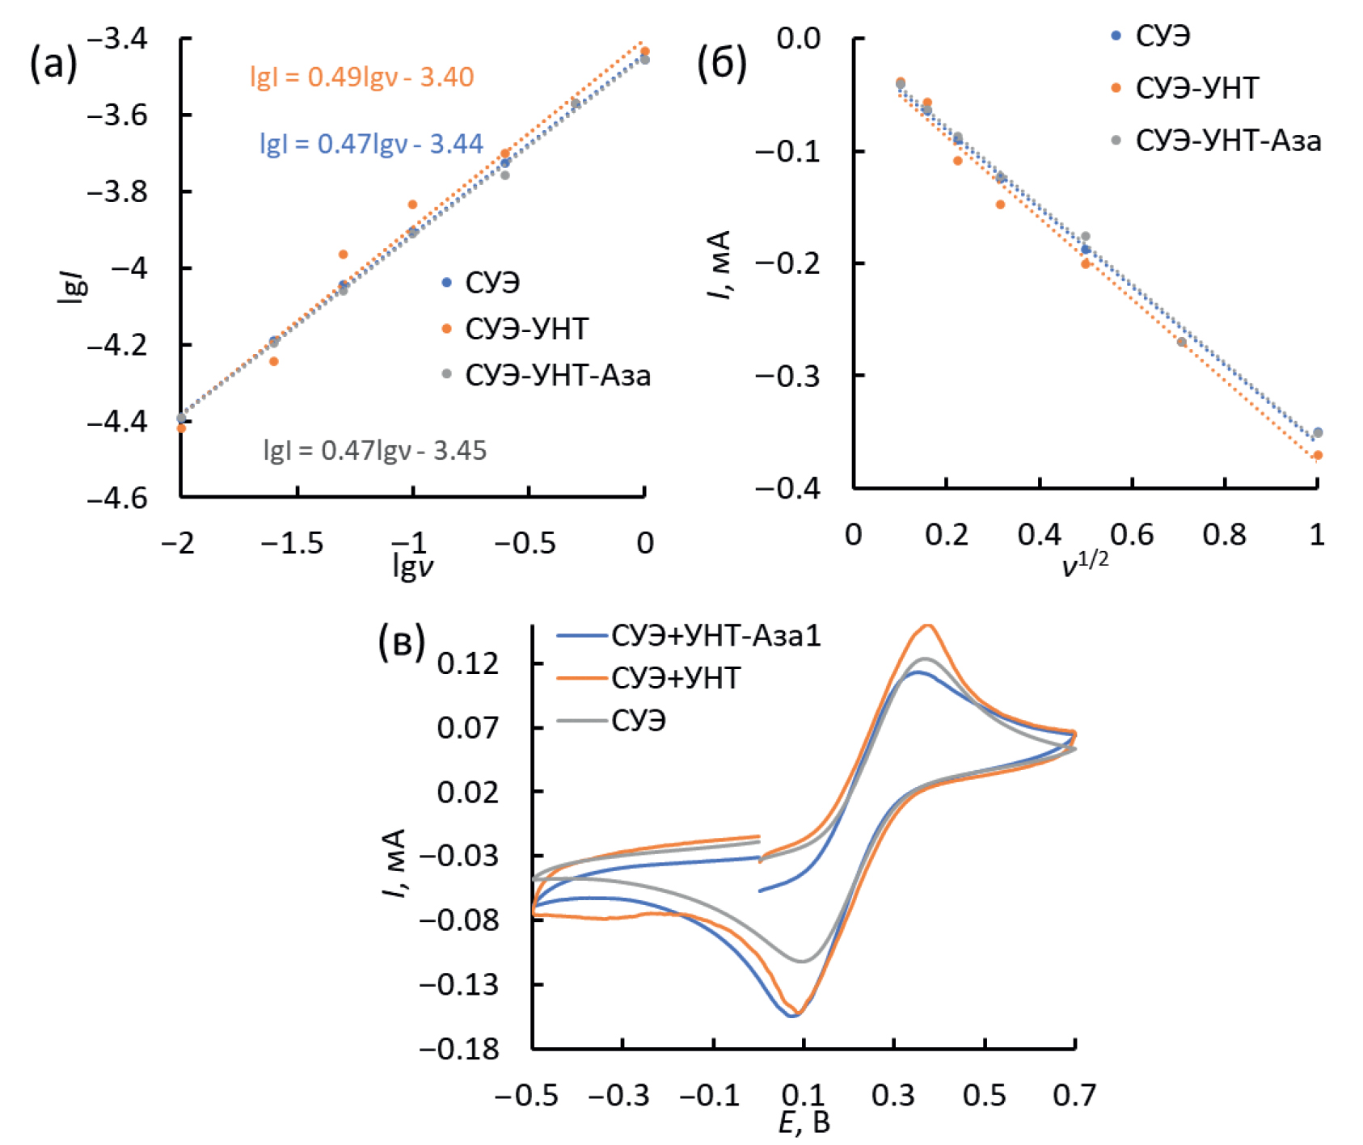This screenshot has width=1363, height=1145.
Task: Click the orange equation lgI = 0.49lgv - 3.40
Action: (x=361, y=77)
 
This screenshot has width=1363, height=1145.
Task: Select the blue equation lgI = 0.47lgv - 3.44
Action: (x=371, y=144)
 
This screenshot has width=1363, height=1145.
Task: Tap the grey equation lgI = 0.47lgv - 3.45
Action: (x=375, y=450)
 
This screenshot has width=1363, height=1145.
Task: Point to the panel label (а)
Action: (x=53, y=63)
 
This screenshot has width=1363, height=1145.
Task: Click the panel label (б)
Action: (x=721, y=63)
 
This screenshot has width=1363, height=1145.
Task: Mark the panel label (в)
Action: (x=402, y=642)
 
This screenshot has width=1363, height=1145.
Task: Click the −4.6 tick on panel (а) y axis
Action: (x=118, y=498)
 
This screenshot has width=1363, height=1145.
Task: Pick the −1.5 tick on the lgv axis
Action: (x=292, y=543)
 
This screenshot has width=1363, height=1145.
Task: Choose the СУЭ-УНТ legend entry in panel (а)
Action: (x=526, y=329)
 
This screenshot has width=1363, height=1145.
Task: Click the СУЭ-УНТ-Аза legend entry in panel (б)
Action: (x=1227, y=141)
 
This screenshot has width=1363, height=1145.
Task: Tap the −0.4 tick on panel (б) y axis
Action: (x=787, y=488)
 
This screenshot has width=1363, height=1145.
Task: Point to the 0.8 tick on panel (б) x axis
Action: (x=1224, y=534)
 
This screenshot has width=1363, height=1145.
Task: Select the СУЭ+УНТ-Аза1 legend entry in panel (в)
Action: (x=715, y=636)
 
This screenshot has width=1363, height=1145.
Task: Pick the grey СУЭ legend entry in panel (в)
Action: (x=638, y=720)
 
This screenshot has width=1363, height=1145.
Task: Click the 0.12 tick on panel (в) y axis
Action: (x=468, y=664)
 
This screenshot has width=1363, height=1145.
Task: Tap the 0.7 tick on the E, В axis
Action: (x=1074, y=1096)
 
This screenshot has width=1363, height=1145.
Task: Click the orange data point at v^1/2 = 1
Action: (x=1318, y=456)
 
